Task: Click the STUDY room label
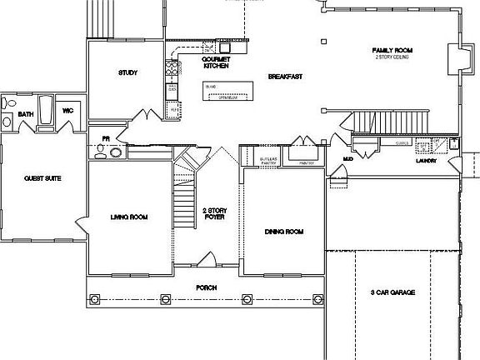tap(127, 73)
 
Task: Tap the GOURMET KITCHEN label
tap(214, 62)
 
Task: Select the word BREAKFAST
tap(284, 77)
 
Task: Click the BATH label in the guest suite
tap(26, 114)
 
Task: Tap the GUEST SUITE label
tap(42, 178)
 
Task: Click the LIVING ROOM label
tap(128, 217)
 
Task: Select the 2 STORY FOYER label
tap(215, 214)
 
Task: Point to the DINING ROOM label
tap(283, 232)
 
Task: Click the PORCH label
tap(206, 287)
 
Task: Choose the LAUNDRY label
tap(427, 160)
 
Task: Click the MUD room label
tap(348, 157)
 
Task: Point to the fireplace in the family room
tap(455, 61)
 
